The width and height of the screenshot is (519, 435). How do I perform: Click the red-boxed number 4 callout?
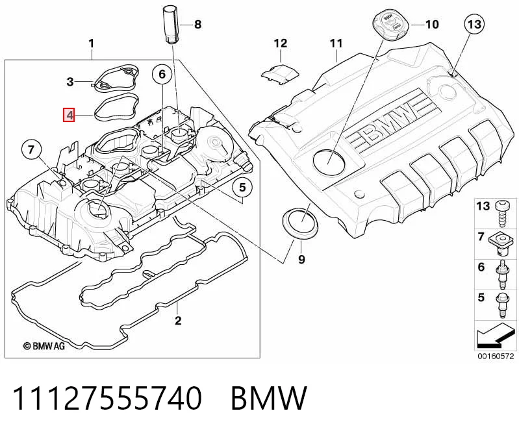tap(69, 115)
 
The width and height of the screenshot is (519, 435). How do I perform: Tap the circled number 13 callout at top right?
tap(474, 24)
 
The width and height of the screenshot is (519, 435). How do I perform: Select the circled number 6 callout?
tap(162, 74)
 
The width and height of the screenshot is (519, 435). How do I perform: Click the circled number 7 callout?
tap(31, 149)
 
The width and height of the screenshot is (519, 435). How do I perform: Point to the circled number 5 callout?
tap(243, 188)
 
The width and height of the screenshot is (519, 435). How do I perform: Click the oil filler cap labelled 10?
tap(391, 23)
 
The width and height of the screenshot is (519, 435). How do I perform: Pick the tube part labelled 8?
tap(171, 24)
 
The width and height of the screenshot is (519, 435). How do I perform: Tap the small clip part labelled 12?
tap(281, 74)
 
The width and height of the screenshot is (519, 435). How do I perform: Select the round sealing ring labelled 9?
tap(300, 223)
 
